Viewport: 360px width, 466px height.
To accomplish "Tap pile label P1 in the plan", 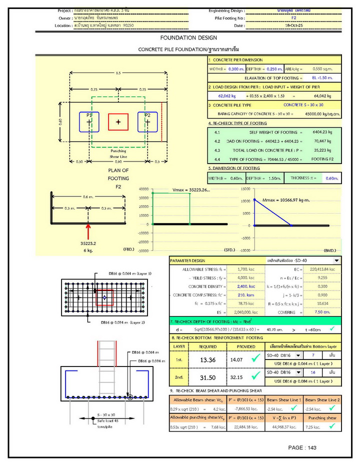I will pyautogui.click(x=88, y=115).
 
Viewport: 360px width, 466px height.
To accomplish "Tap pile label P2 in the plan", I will pyautogui.click(x=147, y=115).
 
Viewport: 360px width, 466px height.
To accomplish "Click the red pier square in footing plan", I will pyautogui.click(x=118, y=122).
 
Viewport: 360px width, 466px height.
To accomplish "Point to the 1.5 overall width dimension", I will pyautogui.click(x=118, y=73).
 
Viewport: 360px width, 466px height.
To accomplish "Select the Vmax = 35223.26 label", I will pyautogui.click(x=191, y=190).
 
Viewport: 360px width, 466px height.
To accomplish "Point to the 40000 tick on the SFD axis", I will pyautogui.click(x=143, y=189).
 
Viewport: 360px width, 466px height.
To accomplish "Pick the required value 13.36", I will pyautogui.click(x=207, y=359).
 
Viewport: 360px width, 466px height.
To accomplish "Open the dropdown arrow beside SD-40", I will pyautogui.click(x=336, y=260).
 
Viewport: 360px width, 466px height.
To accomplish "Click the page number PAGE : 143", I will pyautogui.click(x=302, y=447).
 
